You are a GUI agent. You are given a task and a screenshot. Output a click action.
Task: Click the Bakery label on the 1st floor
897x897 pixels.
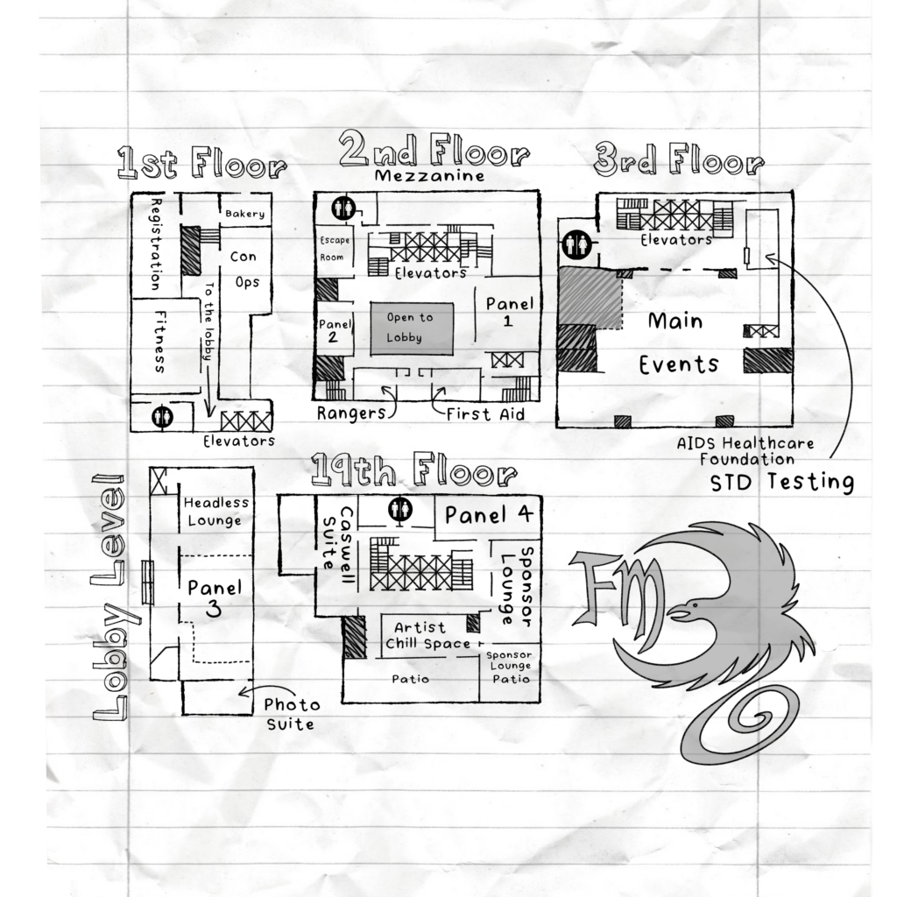(x=245, y=214)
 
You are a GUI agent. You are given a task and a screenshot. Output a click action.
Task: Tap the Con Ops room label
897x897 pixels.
(x=245, y=270)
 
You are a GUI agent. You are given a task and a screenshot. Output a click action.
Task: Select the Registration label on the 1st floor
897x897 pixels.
(x=156, y=244)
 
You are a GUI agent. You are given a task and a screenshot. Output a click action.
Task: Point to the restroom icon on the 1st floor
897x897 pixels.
(x=162, y=416)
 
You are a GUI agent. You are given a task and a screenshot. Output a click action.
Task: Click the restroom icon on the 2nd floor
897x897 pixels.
(x=343, y=208)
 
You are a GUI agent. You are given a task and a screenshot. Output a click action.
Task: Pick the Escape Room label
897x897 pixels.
(x=334, y=249)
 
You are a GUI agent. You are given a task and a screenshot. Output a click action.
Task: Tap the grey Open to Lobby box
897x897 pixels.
(x=412, y=329)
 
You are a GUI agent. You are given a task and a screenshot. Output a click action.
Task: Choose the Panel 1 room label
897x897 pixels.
(x=509, y=311)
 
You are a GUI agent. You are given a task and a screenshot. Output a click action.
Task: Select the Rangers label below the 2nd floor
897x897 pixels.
(x=351, y=413)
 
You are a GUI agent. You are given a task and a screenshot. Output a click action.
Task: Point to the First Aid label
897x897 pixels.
(x=485, y=414)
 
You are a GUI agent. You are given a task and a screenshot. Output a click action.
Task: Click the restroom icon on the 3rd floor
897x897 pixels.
(x=576, y=244)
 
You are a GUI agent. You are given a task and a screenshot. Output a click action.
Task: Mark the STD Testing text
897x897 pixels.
(x=782, y=483)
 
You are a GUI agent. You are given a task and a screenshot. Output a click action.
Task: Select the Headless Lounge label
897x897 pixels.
(x=216, y=512)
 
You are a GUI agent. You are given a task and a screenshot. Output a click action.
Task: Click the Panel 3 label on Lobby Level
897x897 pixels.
(x=215, y=597)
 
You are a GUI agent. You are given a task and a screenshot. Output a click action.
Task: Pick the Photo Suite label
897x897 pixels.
(x=291, y=714)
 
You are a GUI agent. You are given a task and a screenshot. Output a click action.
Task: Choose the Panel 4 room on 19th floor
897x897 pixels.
(x=489, y=515)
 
